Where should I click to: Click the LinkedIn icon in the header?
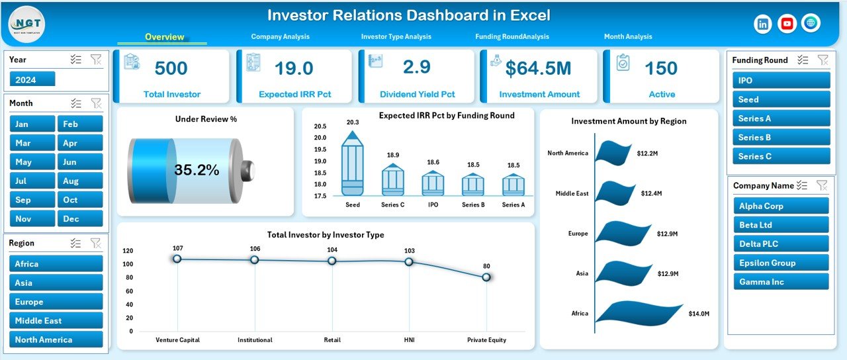[763, 24]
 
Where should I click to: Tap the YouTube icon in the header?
[787, 24]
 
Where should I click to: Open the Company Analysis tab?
[280, 37]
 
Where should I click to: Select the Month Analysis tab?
[627, 37]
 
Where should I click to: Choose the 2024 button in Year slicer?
[32, 79]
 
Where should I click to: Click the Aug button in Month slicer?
[80, 181]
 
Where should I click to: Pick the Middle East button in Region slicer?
[56, 320]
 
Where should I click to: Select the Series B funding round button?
[781, 137]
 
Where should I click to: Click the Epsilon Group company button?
[781, 263]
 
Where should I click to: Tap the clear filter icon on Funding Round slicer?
[823, 60]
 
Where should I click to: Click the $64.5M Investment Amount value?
[539, 68]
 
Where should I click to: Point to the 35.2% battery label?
[197, 170]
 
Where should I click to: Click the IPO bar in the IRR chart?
[433, 183]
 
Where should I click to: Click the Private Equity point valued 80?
[486, 277]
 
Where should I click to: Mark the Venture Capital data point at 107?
[177, 259]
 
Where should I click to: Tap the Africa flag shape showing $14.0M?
[642, 313]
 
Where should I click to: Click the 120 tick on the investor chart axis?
[128, 251]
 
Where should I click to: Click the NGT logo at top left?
[26, 23]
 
